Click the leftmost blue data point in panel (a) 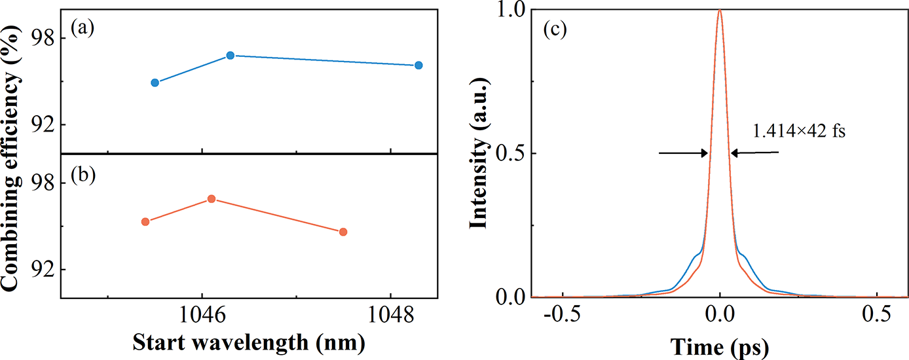(155, 82)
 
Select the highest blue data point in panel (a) (230, 55)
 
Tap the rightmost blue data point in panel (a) (418, 65)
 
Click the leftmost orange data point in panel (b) (145, 221)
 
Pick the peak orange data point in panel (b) (211, 198)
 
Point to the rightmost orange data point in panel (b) (343, 232)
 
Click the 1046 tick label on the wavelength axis (202, 317)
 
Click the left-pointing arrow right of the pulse (754, 153)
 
